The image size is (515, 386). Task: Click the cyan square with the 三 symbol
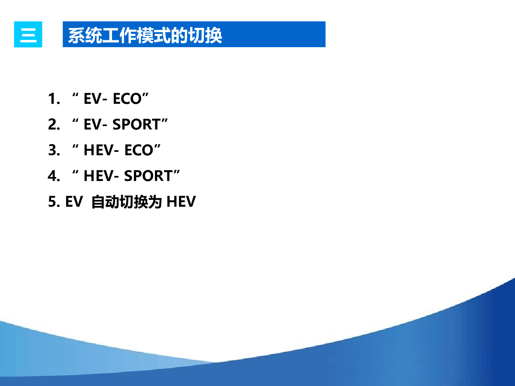[x=28, y=34]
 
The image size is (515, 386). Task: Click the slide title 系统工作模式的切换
[x=145, y=36]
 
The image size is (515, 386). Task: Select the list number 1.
[x=54, y=99]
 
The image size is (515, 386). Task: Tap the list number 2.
[x=54, y=124]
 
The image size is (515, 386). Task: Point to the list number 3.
[x=54, y=150]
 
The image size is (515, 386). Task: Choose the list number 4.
[x=54, y=176]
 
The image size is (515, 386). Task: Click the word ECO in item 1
[x=127, y=99]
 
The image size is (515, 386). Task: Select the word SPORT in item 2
[x=136, y=124]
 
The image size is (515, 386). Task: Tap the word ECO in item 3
[x=139, y=150]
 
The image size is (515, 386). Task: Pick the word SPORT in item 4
[x=148, y=176]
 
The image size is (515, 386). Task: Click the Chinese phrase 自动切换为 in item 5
[x=127, y=202]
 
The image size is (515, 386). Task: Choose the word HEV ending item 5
[x=181, y=202]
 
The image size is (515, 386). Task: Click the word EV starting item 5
[x=74, y=202]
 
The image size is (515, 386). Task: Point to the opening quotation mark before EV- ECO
[x=75, y=95]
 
